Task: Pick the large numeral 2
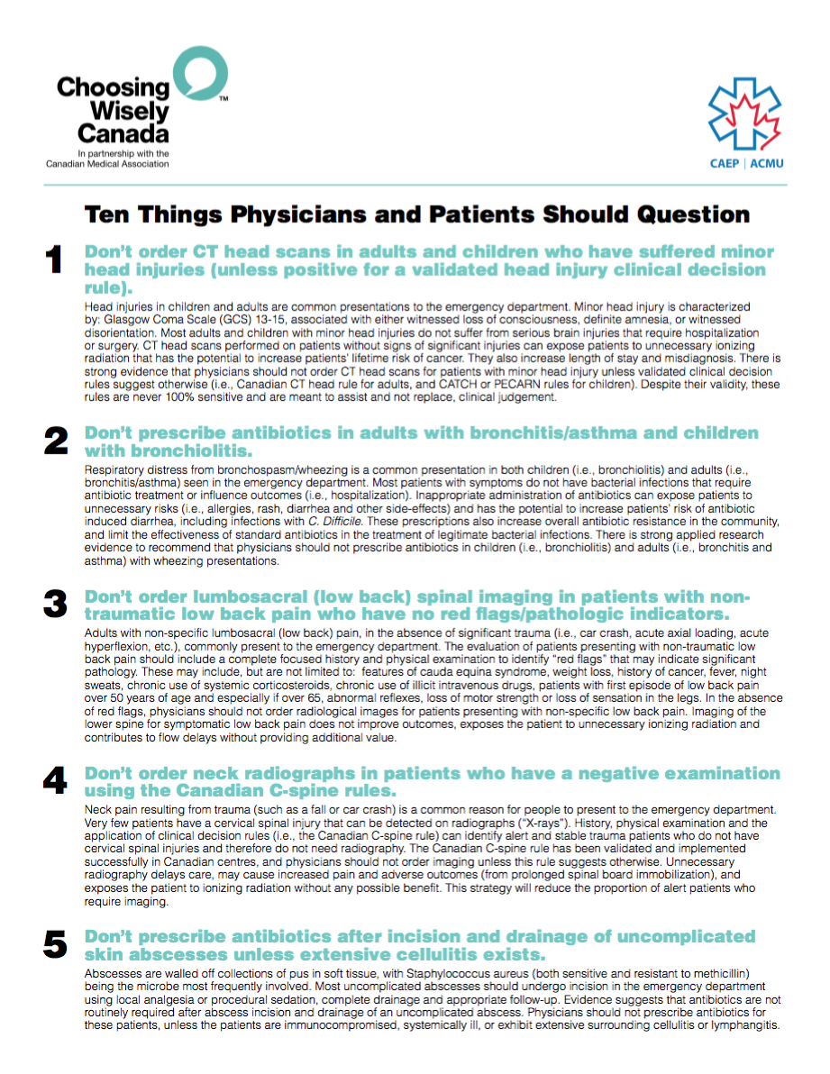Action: click(x=55, y=441)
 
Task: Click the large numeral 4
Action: click(x=55, y=779)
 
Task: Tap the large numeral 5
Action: click(x=55, y=944)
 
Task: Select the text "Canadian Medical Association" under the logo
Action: click(x=108, y=163)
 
